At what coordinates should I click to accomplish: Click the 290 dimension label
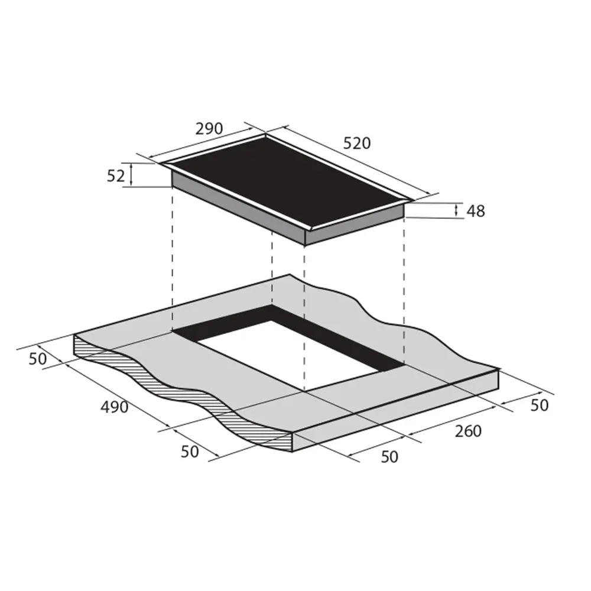[x=207, y=128]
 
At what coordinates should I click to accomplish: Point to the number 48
[x=475, y=211]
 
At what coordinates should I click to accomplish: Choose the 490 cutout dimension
[x=114, y=407]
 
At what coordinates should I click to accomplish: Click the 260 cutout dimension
[x=468, y=431]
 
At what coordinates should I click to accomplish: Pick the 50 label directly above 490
[x=38, y=359]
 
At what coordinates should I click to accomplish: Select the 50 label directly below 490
[x=190, y=452]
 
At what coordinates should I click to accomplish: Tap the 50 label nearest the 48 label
[x=540, y=405]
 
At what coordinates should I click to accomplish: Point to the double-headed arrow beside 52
[x=131, y=176]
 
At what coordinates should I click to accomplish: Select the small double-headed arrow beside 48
[x=456, y=210]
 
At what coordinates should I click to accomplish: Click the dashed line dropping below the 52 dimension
[x=172, y=260]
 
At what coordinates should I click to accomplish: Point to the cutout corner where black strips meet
[x=272, y=307]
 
